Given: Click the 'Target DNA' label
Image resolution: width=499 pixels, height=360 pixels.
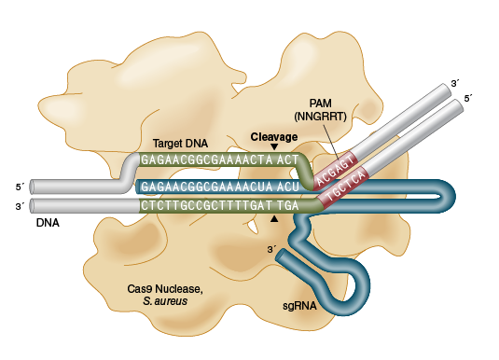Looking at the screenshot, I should pos(181,144).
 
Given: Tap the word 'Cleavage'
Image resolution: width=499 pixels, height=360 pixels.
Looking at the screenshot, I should pos(273,136).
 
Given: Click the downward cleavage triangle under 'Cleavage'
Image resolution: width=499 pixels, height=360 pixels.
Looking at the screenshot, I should pos(273,147).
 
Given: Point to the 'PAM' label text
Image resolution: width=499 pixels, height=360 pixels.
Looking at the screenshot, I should pos(320,103).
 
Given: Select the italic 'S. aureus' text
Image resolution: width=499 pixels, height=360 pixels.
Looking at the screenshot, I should pos(167,301).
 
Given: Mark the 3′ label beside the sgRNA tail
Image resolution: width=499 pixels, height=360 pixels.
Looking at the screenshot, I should pos(272,249).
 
